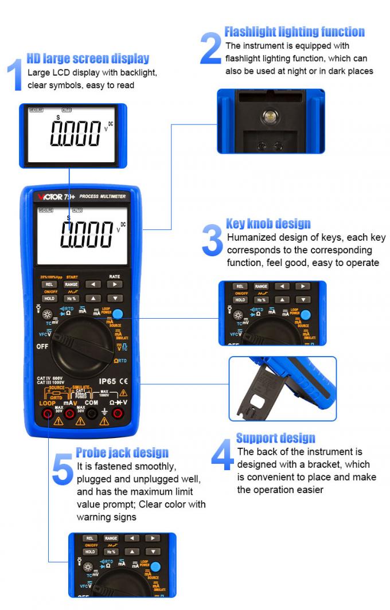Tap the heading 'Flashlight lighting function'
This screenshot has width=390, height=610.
click(294, 32)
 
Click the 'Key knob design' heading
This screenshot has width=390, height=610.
click(268, 224)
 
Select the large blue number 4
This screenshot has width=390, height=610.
click(222, 457)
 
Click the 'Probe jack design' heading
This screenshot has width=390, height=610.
click(122, 453)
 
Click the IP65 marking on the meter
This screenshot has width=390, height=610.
click(108, 381)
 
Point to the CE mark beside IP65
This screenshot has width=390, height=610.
click(124, 381)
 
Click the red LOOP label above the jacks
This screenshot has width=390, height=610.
click(47, 403)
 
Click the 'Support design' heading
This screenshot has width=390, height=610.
click(275, 439)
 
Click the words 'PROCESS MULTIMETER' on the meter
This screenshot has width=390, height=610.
click(102, 196)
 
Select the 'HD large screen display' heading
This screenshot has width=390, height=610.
click(88, 58)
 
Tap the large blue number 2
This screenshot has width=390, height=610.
click(210, 48)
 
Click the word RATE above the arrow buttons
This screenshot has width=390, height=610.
click(115, 276)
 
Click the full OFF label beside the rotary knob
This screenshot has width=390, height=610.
click(42, 346)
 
